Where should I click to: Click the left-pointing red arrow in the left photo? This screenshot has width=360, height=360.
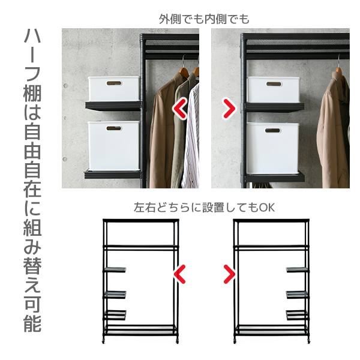(x=180, y=109)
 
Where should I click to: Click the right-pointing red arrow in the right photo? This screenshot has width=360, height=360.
(x=229, y=109)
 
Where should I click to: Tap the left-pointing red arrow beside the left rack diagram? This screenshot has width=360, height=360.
(x=179, y=274)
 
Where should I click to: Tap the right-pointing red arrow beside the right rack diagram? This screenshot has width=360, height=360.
(x=229, y=274)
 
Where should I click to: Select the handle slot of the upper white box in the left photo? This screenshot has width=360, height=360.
(x=114, y=83)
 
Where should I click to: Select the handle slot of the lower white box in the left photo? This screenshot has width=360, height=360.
(x=114, y=128)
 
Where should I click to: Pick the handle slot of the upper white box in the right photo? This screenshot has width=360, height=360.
(x=274, y=84)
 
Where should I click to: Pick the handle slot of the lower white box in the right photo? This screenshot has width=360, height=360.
(x=273, y=131)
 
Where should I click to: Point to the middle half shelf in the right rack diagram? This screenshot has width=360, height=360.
(x=296, y=294)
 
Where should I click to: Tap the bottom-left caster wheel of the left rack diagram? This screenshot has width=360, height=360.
(x=104, y=341)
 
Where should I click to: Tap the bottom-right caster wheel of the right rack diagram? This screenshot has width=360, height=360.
(x=308, y=341)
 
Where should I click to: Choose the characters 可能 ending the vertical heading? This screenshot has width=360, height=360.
(x=32, y=314)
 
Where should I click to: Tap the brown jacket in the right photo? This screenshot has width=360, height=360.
(x=334, y=131)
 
